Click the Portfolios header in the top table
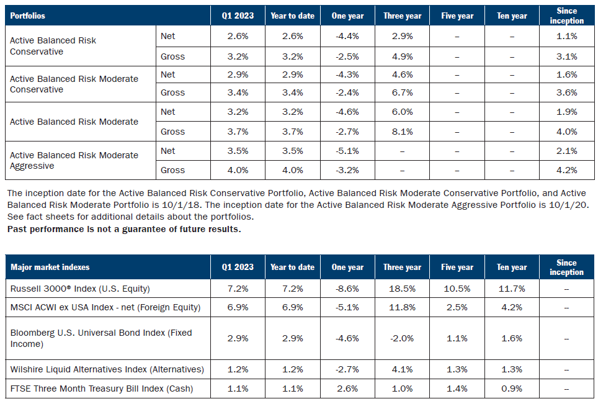pyautogui.click(x=27, y=16)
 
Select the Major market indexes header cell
pyautogui.click(x=50, y=267)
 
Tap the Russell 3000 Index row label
pyautogui.click(x=80, y=289)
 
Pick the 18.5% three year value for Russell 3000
pyautogui.click(x=402, y=289)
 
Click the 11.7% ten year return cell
pyautogui.click(x=511, y=289)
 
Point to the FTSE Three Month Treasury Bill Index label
pyautogui.click(x=101, y=389)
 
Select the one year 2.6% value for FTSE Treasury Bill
pyautogui.click(x=347, y=389)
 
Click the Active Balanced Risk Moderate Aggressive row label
pyautogui.click(x=74, y=160)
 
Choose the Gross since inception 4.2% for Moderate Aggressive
pyautogui.click(x=566, y=170)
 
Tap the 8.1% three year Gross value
pyautogui.click(x=402, y=132)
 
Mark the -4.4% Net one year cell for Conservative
pyautogui.click(x=347, y=37)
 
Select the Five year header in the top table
pyautogui.click(x=457, y=16)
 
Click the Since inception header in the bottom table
pyautogui.click(x=566, y=267)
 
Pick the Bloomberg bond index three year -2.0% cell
pyautogui.click(x=402, y=338)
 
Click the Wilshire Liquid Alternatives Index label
pyautogui.click(x=107, y=369)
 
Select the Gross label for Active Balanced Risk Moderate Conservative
pyautogui.click(x=172, y=92)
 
